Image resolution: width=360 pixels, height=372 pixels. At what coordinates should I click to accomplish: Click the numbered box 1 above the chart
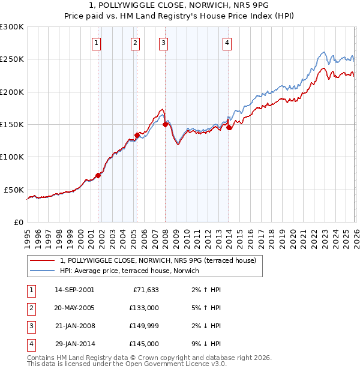point(97,43)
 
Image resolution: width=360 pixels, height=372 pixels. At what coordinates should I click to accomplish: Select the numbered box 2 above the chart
point(136,43)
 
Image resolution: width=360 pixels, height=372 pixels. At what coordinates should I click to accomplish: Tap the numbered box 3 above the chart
point(163,43)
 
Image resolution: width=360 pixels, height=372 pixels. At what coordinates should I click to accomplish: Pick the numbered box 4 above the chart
point(227,43)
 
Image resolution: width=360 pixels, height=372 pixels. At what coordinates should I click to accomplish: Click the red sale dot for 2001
point(98,175)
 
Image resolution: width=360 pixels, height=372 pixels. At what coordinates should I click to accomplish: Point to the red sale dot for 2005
point(137,136)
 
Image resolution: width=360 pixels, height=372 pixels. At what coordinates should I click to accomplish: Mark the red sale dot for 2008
point(165,125)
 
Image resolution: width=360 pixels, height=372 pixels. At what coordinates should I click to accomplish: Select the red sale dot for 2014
point(229,127)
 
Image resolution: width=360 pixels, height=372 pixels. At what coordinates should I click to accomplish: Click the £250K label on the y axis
point(12,59)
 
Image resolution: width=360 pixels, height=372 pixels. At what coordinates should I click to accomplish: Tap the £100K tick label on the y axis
point(12,157)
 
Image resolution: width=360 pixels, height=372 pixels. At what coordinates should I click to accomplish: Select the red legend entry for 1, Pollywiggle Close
point(158,260)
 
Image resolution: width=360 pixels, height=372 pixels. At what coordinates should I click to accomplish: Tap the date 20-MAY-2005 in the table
point(74,308)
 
